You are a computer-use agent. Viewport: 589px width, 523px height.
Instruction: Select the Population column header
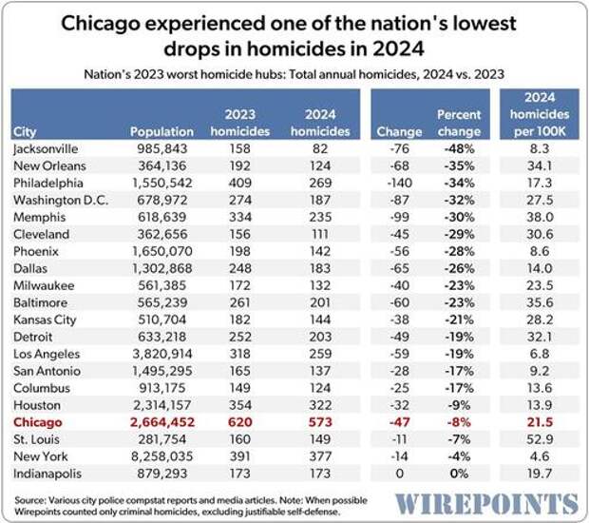click(161, 132)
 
